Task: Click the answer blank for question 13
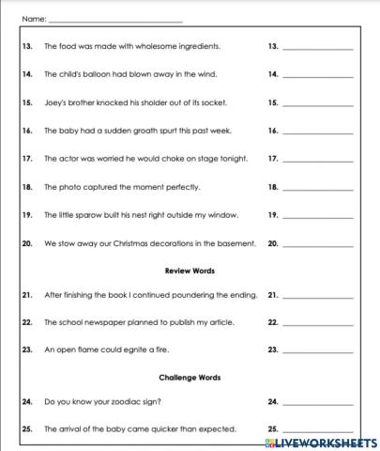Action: [x=317, y=48]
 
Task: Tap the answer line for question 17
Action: [x=317, y=161]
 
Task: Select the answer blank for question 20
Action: [x=317, y=245]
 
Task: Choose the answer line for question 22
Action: [x=317, y=324]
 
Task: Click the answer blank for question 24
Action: [x=317, y=404]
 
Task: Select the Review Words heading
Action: [x=190, y=271]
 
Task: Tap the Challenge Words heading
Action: [x=190, y=378]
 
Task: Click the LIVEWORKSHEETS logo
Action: [x=327, y=440]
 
